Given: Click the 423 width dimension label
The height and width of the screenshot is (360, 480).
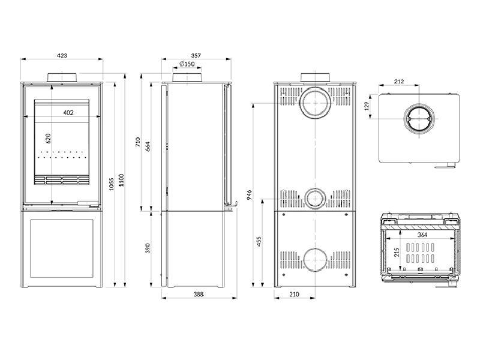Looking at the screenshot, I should (x=62, y=55).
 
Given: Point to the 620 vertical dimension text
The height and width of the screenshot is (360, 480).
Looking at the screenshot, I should (x=48, y=138).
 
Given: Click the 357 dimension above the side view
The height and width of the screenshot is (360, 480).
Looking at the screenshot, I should (x=195, y=55).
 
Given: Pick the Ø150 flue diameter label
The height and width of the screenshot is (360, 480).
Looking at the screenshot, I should (x=187, y=64).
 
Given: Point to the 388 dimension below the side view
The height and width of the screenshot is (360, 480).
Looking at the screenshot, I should (x=199, y=294).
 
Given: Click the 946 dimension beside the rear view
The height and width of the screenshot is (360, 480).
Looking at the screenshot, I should (x=248, y=195).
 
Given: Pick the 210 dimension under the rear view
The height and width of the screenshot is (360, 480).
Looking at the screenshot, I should (x=293, y=294).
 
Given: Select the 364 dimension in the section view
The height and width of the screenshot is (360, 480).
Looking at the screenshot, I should (x=422, y=235).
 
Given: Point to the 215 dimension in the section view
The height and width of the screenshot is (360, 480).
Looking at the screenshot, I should (x=397, y=253).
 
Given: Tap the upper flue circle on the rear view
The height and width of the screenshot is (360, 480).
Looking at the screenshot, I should (x=315, y=103).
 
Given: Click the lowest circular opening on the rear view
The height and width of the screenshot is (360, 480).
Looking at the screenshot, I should (x=315, y=260).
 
